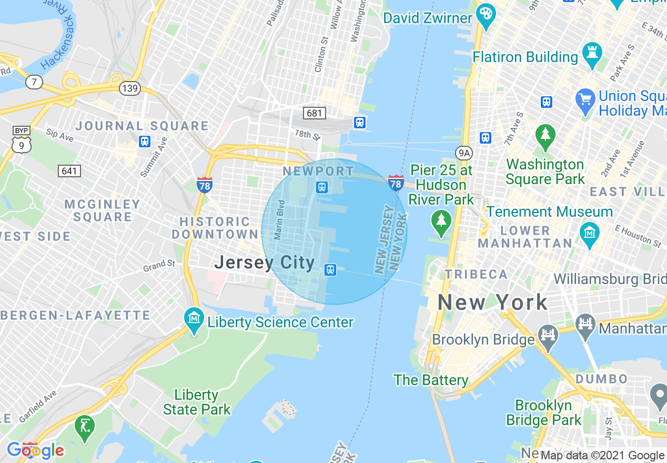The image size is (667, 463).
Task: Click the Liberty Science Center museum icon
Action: (194, 318)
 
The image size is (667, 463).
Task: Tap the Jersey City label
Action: (265, 262)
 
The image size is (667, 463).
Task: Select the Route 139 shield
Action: (129, 88)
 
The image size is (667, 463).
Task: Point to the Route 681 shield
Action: (315, 113)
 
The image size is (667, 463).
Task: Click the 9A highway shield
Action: (464, 153)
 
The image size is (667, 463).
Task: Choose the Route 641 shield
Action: (69, 170)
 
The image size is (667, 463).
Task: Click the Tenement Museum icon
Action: (590, 231)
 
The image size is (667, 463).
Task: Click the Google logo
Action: (35, 450)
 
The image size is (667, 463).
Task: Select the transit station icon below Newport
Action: (321, 187)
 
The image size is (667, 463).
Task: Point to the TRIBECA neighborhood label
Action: (476, 274)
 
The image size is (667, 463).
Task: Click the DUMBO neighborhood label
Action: (601, 379)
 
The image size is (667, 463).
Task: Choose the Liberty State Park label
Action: (196, 402)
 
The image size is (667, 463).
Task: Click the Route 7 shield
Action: (34, 82)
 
